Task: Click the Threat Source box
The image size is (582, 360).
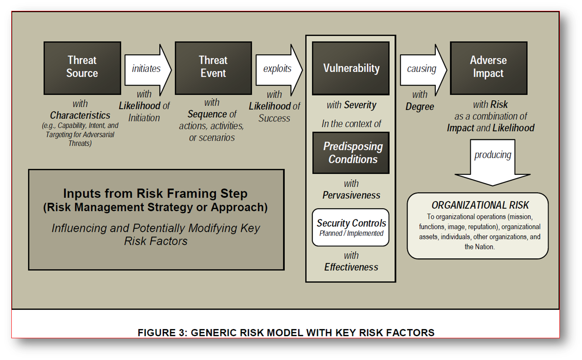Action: coord(82,68)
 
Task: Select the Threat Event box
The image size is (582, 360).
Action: coord(213,68)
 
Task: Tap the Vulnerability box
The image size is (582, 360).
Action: coord(351,68)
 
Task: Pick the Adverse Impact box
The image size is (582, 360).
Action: coord(488,68)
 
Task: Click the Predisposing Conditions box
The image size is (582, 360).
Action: coord(351,153)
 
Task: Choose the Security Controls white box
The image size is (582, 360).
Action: coord(351,227)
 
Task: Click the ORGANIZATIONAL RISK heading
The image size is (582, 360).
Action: coord(480,205)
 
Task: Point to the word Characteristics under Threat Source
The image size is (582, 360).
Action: coord(80,115)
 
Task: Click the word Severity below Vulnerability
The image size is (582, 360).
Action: coord(360,105)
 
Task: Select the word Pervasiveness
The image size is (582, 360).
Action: coord(351,195)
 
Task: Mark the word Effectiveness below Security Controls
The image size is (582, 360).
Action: coord(351,267)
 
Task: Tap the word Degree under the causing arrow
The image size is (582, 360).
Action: coord(420,107)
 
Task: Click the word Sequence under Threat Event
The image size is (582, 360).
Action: coord(207,114)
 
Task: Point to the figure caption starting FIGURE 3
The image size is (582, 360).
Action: coord(286,333)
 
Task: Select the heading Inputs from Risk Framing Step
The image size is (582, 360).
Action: coord(156,194)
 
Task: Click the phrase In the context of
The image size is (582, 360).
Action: coord(351,124)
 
